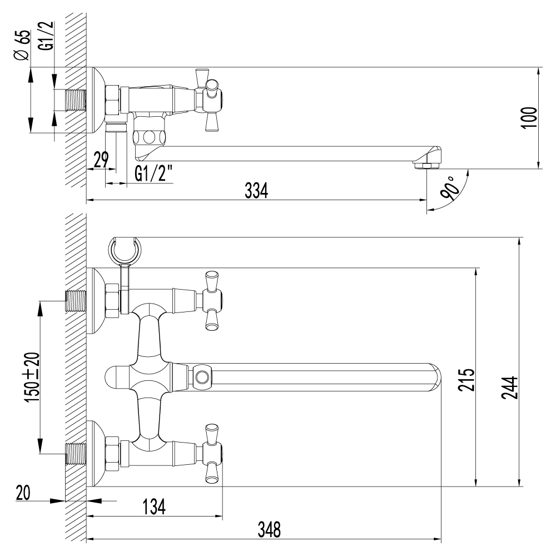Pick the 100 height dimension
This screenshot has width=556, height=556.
point(530,118)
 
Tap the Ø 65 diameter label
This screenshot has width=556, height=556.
point(21,47)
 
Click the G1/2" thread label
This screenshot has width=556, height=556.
point(153,174)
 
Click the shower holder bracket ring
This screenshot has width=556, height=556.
point(125,250)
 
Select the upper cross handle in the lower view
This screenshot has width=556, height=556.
point(212,301)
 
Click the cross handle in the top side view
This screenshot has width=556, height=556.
point(211,100)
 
